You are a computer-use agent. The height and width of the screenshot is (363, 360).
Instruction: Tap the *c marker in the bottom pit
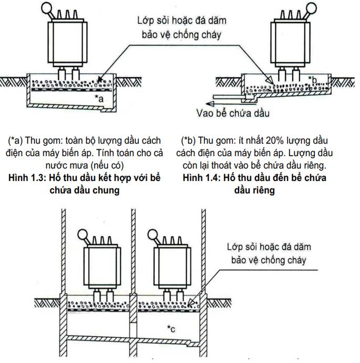pyautogui.click(x=171, y=329)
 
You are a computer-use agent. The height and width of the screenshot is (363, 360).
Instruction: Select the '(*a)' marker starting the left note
pyautogui.click(x=18, y=141)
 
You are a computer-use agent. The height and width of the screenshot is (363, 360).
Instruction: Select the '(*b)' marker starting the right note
pyautogui.click(x=190, y=141)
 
